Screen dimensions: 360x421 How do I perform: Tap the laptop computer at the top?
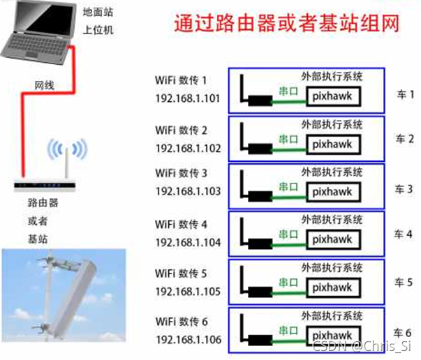click(38, 31)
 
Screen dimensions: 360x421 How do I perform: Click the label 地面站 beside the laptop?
click(97, 12)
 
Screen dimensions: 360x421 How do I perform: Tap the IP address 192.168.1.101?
click(188, 98)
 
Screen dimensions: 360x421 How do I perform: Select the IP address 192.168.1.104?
click(188, 243)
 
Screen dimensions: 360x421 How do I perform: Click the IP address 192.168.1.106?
click(188, 340)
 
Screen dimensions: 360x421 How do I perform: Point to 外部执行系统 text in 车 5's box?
click(332, 267)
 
